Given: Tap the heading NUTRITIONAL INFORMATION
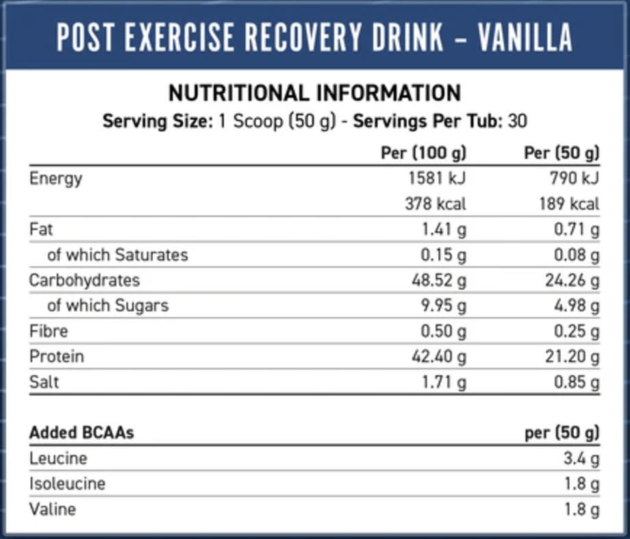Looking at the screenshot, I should pyautogui.click(x=315, y=92).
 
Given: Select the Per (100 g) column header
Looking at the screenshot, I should pyautogui.click(x=423, y=152).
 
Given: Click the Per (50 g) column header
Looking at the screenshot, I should pyautogui.click(x=562, y=152).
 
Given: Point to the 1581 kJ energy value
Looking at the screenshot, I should pyautogui.click(x=437, y=178).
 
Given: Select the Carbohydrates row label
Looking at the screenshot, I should pyautogui.click(x=84, y=280).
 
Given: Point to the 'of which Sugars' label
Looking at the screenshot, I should pyautogui.click(x=108, y=305).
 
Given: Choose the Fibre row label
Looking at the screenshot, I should pyautogui.click(x=49, y=331).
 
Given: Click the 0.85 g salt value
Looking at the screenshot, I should pyautogui.click(x=577, y=382).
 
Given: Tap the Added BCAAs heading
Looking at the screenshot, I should pyautogui.click(x=81, y=433).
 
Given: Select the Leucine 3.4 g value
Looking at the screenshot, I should pyautogui.click(x=581, y=458).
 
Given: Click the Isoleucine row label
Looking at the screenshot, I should pyautogui.click(x=67, y=484).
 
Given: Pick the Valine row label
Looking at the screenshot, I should pyautogui.click(x=53, y=509).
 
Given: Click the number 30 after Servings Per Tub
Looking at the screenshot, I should pyautogui.click(x=518, y=122).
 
